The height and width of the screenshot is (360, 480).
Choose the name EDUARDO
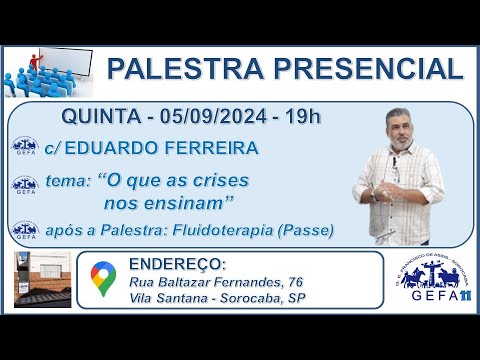[133, 148]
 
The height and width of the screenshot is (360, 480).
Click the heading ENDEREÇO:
[178, 265]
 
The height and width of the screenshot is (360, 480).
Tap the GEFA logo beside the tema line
[24, 184]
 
